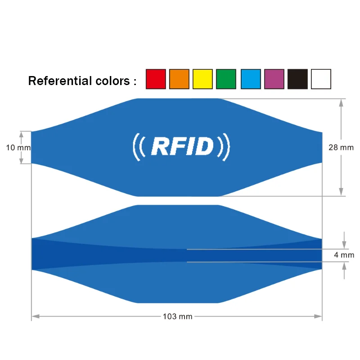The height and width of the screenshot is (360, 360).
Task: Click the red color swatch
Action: (x=156, y=79)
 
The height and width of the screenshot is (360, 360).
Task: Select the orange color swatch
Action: (x=179, y=79)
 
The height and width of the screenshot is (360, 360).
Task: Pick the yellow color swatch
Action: (x=202, y=79)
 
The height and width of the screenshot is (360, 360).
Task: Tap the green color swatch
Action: (x=226, y=79)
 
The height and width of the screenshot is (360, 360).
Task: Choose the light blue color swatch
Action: (x=251, y=79)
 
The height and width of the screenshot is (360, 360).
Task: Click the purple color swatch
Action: (x=274, y=79)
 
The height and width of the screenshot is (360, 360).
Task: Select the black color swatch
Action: (x=297, y=79)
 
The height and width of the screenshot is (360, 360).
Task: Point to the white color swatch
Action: (x=321, y=79)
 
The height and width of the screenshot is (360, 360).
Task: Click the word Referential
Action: (x=60, y=81)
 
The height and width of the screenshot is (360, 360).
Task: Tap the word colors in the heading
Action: (x=113, y=81)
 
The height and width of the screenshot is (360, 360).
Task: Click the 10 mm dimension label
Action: (x=18, y=148)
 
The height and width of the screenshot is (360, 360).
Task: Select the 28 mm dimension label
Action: (x=341, y=148)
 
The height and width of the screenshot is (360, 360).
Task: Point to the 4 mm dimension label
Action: (x=344, y=255)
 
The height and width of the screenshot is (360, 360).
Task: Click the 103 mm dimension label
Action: (x=177, y=317)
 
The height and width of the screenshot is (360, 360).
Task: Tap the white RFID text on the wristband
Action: (x=183, y=146)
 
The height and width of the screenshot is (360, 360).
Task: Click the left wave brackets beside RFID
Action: (x=139, y=147)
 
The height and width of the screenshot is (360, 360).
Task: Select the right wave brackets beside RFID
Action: (x=224, y=147)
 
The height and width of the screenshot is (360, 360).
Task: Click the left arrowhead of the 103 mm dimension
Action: (x=36, y=316)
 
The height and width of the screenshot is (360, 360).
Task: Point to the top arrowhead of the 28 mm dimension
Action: (x=341, y=103)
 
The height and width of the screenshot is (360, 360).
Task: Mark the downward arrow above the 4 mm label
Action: (x=344, y=240)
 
